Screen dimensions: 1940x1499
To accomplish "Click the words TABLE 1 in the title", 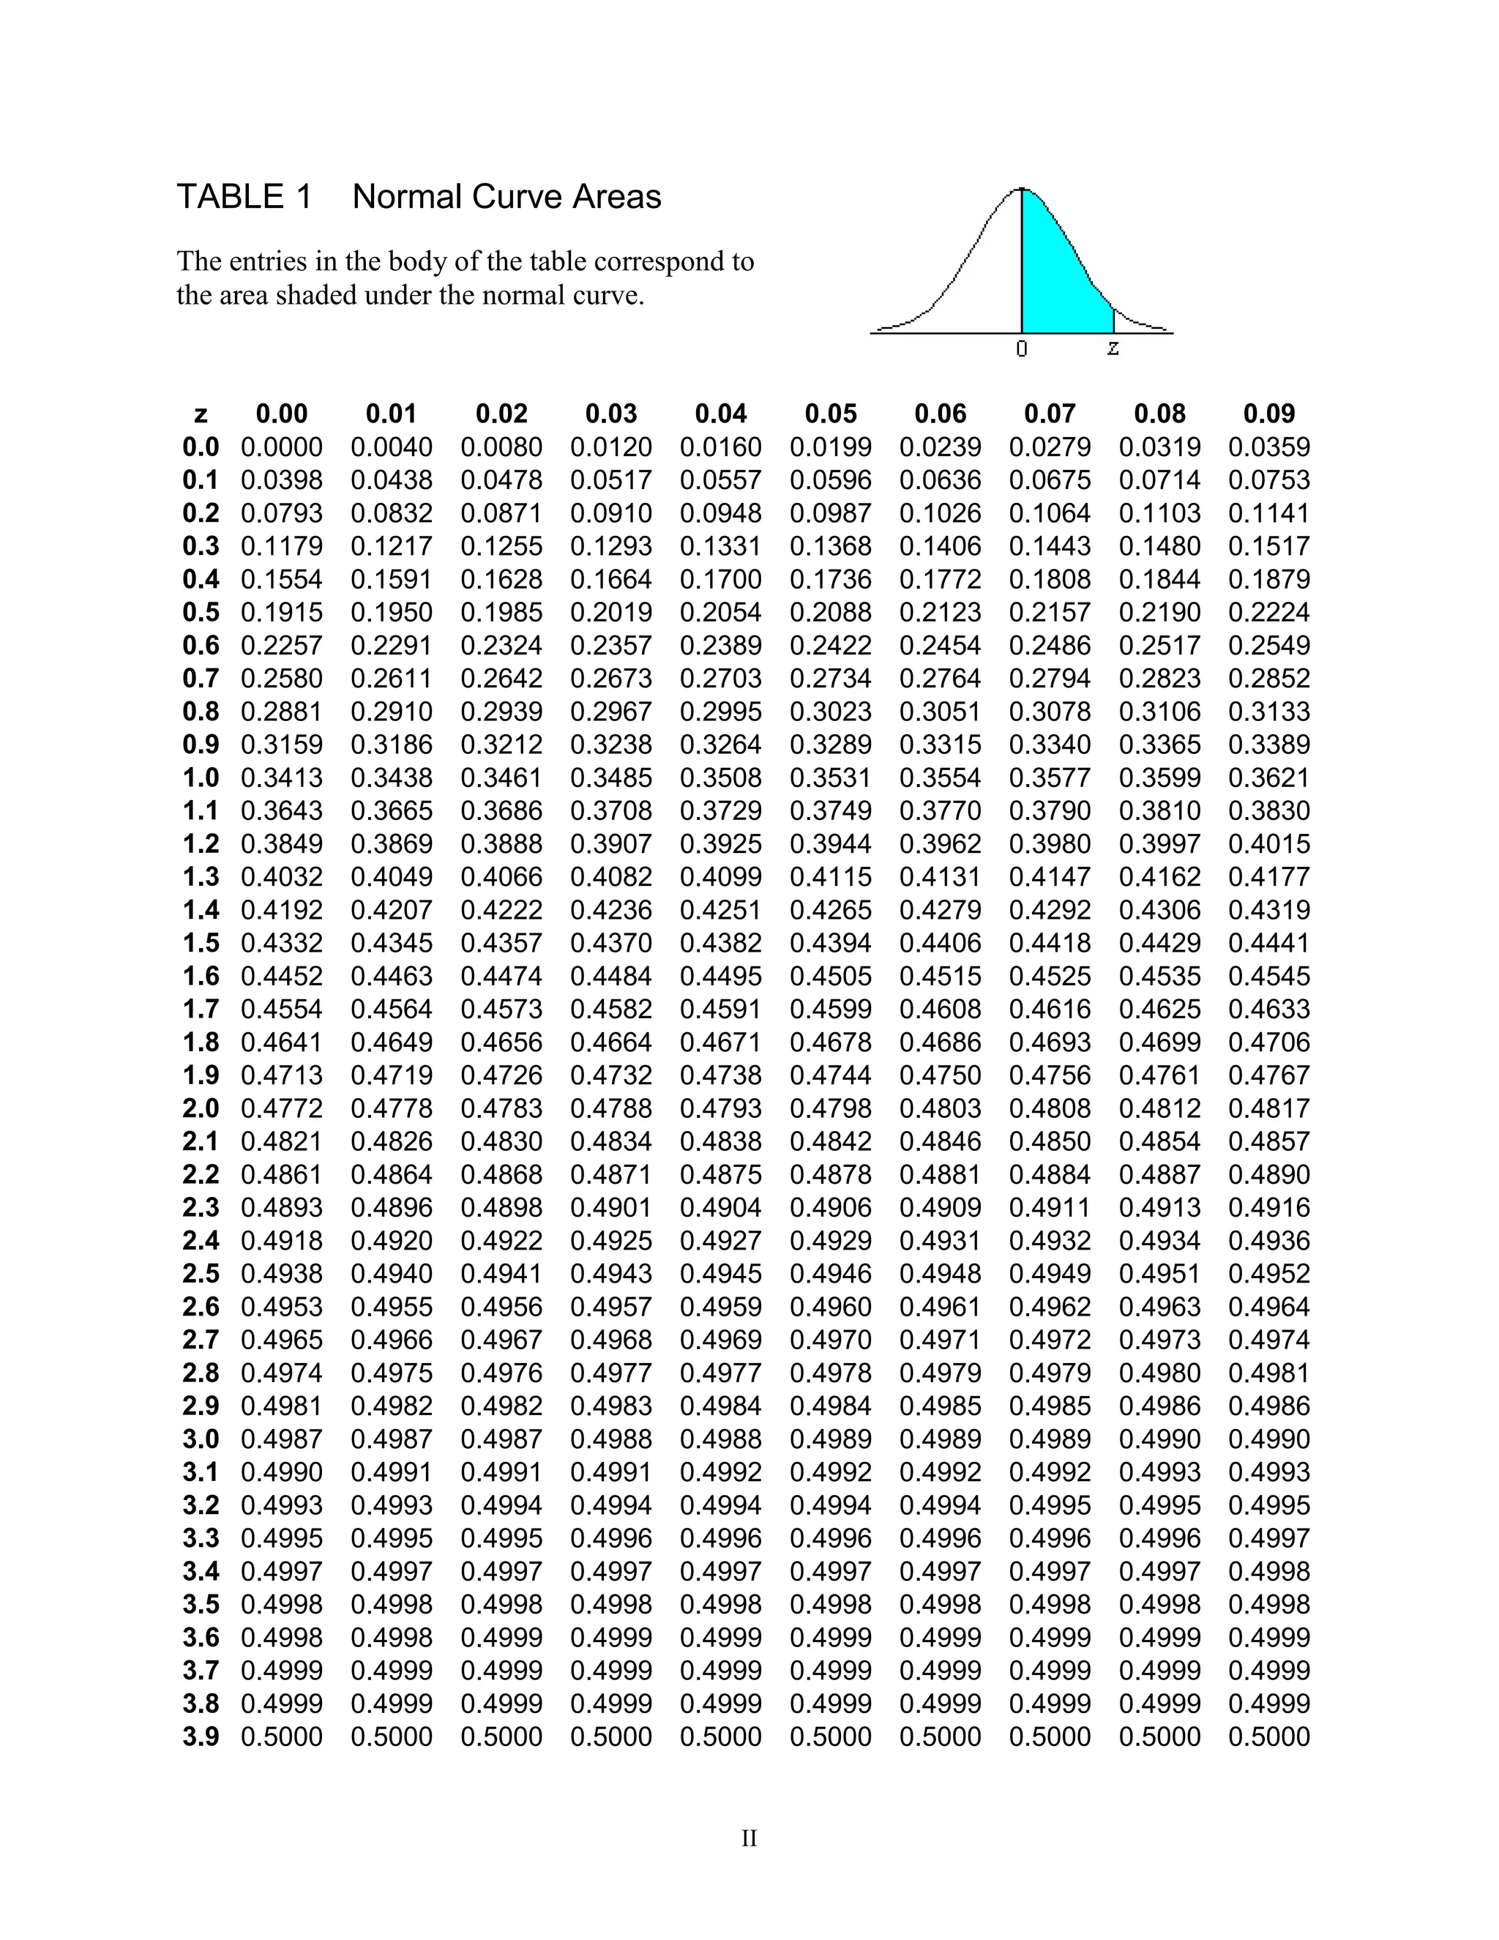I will [x=244, y=196].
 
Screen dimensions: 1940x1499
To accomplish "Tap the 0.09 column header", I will [x=1269, y=414].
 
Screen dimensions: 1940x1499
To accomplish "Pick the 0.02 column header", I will [x=501, y=414].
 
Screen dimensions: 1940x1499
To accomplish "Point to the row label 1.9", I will [x=201, y=1075].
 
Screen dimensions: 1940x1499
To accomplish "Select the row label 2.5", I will [x=201, y=1274].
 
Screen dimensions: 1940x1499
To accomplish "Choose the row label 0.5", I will [x=201, y=613].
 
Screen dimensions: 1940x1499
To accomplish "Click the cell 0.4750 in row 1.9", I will [x=941, y=1075].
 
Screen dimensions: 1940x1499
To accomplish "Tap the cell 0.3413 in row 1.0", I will [x=282, y=778].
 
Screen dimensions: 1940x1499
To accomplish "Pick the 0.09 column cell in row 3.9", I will [x=1269, y=1737].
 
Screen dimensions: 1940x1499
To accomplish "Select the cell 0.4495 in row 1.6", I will [x=721, y=976].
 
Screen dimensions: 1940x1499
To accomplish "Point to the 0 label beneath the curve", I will [x=1022, y=349].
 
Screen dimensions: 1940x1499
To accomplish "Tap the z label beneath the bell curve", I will [x=1113, y=348].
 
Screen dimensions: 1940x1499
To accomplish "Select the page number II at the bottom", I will [x=749, y=1839].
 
